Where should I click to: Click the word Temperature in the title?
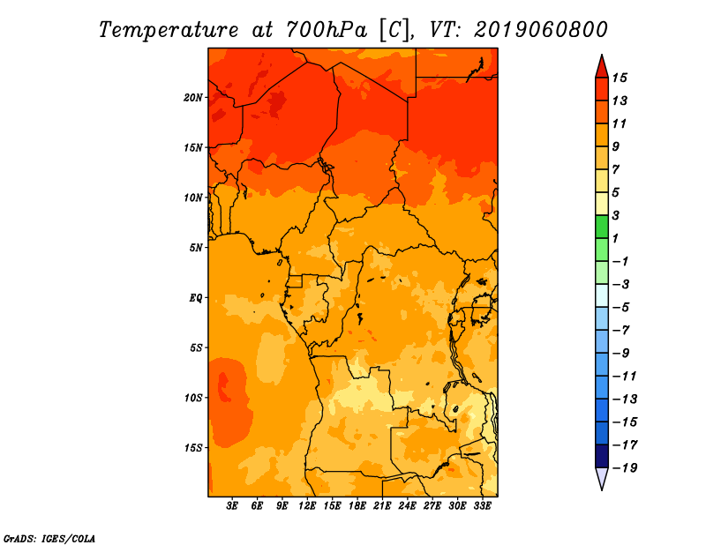pos(169,30)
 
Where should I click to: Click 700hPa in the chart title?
pos(327,30)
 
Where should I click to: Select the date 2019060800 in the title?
pos(541,30)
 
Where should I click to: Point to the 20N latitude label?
pos(193,98)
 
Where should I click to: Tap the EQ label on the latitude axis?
pos(196,298)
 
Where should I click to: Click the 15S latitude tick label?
pos(193,448)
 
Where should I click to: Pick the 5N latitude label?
pos(196,248)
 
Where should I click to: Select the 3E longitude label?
pos(232,506)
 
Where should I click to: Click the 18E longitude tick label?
pos(357,506)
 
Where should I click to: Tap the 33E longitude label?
pos(482,506)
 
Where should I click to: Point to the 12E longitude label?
pos(307,506)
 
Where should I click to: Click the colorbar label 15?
pos(620,78)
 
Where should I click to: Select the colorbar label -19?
pos(625,468)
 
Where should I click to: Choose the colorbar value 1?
pos(615,238)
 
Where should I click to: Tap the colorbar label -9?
pos(621,354)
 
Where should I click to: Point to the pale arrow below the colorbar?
pos(602,478)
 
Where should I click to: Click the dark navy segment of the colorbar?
pos(602,456)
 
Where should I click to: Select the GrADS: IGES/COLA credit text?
pos(49,539)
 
